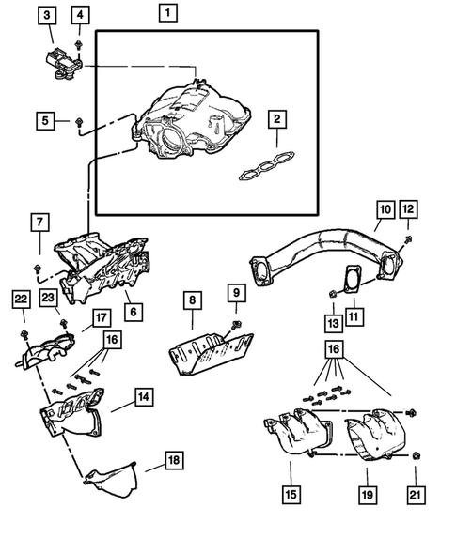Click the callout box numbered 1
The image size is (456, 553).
[166, 13]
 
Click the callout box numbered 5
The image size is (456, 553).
[43, 119]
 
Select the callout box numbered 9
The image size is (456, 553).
[235, 293]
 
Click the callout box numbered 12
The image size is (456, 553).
[407, 208]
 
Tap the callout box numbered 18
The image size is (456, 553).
[174, 460]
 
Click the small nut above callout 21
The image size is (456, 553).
[414, 456]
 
